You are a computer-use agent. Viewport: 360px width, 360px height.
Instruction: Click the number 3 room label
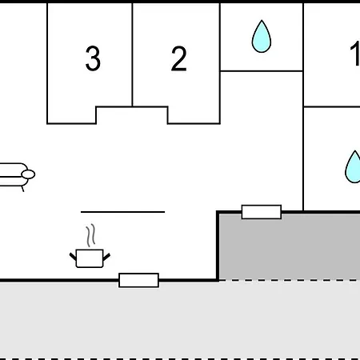93,58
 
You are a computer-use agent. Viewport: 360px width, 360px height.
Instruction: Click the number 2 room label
178,58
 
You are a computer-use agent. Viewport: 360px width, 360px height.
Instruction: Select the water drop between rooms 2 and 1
262,36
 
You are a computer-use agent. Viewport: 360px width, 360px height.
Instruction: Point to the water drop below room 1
353,167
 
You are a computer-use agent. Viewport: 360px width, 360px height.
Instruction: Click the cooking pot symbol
90,258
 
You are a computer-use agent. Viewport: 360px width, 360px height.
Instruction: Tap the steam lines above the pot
90,235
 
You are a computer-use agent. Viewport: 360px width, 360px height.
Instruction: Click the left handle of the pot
73,257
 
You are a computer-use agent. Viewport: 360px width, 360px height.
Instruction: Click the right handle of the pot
106,257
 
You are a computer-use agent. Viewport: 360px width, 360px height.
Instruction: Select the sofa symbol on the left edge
16,174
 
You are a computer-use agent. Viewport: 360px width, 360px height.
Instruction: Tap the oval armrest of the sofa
28,174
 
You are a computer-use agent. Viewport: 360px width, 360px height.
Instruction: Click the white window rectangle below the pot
138,280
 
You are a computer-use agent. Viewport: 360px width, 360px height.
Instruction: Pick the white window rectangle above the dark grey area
262,212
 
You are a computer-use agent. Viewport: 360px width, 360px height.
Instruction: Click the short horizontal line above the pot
122,212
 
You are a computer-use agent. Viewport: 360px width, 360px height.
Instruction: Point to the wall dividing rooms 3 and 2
132,54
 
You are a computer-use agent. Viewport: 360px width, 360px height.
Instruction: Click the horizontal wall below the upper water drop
262,71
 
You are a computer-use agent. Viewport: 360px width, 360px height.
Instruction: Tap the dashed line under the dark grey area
290,280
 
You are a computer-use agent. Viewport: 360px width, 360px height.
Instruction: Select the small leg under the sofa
22,189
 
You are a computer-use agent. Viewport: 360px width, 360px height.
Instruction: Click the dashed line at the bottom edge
180,359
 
